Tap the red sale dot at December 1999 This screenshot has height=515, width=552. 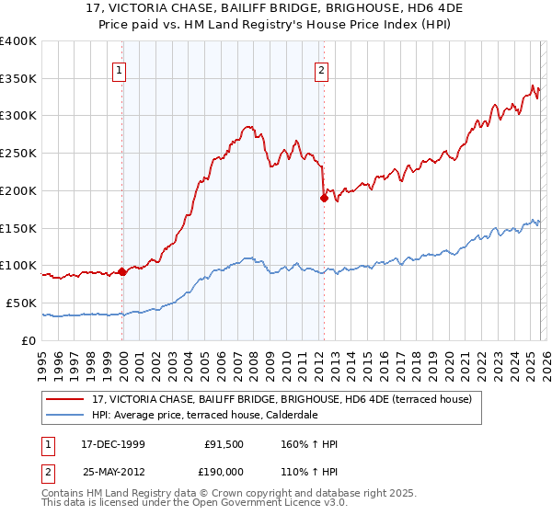(122, 271)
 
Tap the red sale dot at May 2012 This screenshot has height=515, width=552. (324, 197)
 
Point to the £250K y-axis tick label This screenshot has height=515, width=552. (18, 153)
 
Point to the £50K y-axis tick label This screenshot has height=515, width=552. (21, 303)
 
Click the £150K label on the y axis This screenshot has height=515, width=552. (18, 228)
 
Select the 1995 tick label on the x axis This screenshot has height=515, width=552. (42, 359)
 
